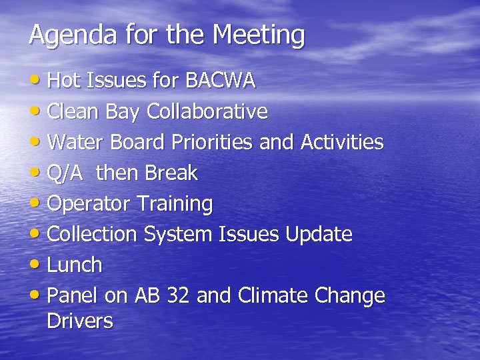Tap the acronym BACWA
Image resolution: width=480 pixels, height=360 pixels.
[x=221, y=81]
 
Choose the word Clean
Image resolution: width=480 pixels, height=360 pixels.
[x=74, y=111]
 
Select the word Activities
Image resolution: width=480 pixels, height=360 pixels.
[x=342, y=142]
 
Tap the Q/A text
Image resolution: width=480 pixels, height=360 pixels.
[x=67, y=173]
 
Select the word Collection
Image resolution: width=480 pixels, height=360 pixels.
[x=93, y=234]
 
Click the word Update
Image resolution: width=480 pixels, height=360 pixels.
[x=319, y=234]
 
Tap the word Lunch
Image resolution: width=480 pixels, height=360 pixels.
[x=75, y=265]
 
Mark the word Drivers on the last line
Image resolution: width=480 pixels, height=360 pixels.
[x=80, y=321]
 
